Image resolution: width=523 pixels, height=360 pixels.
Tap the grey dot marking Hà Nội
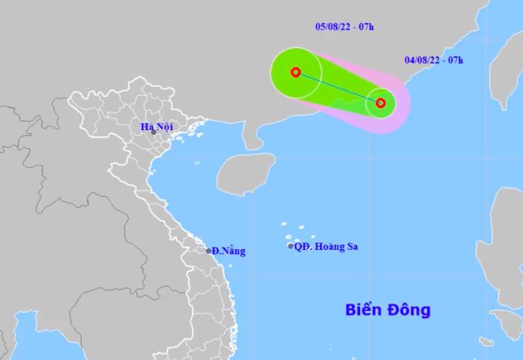(x=154, y=133)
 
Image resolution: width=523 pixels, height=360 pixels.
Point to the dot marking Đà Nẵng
(x=208, y=251)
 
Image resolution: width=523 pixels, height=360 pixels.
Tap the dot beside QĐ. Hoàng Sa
(x=291, y=246)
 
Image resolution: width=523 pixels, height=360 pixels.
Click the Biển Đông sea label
(x=386, y=311)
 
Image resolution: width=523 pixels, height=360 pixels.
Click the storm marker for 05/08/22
(x=295, y=73)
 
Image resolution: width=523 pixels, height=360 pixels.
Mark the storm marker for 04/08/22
(x=380, y=102)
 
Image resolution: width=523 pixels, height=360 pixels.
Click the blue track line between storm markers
(x=338, y=88)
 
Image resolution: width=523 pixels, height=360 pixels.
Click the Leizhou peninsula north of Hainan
(x=252, y=135)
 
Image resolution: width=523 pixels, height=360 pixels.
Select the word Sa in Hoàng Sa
(x=351, y=247)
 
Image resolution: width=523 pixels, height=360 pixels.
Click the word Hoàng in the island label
(x=329, y=247)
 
